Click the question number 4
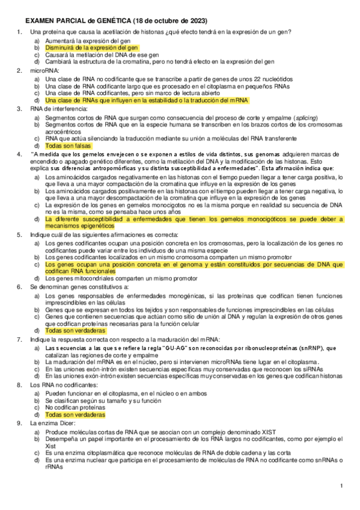(x=20, y=154)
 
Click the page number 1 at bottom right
(x=341, y=486)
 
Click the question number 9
(x=20, y=423)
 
